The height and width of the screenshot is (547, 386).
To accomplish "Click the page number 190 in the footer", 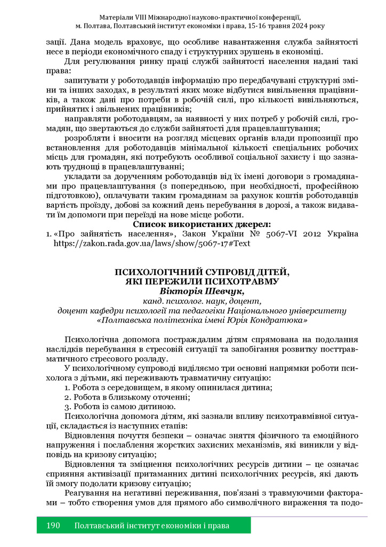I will click(53, 526).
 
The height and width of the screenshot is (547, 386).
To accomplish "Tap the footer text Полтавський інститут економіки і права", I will click(152, 526).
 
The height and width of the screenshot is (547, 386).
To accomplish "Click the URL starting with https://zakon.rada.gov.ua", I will click(152, 243).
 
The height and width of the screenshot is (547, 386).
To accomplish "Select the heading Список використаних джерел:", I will click(202, 224).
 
